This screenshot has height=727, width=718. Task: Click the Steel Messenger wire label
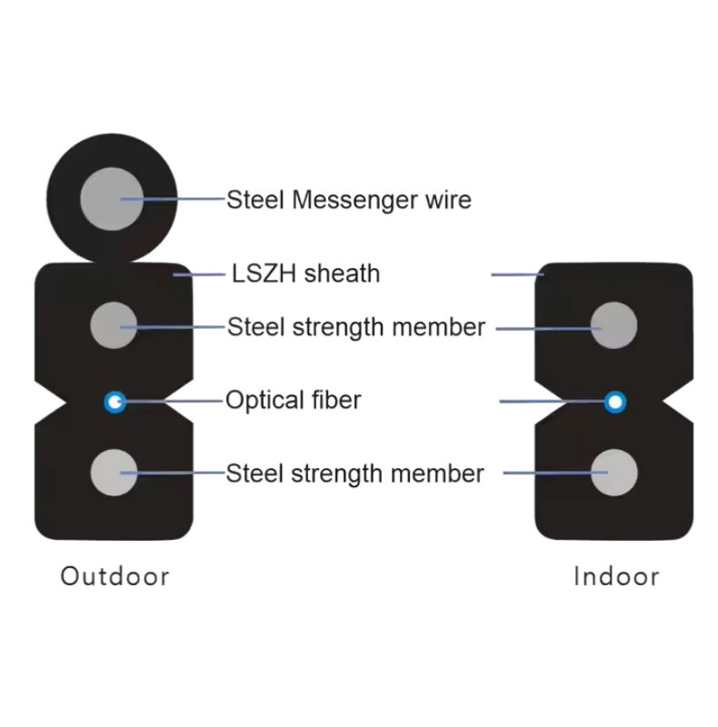point(348,199)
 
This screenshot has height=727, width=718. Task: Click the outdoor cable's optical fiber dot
point(115,400)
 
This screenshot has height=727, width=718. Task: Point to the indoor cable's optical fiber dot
point(616,400)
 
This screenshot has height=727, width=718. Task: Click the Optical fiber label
point(293,400)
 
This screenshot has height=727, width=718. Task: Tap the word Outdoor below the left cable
point(115,576)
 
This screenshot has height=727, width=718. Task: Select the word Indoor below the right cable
point(616,576)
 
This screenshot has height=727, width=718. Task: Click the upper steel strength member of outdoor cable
point(115,324)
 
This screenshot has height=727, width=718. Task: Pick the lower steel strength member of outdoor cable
point(115,471)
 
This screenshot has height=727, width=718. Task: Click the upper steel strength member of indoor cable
point(614,324)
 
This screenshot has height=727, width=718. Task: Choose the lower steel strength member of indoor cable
point(614,471)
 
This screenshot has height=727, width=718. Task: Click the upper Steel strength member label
point(355,327)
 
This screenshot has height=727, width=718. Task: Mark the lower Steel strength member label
point(354,473)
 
